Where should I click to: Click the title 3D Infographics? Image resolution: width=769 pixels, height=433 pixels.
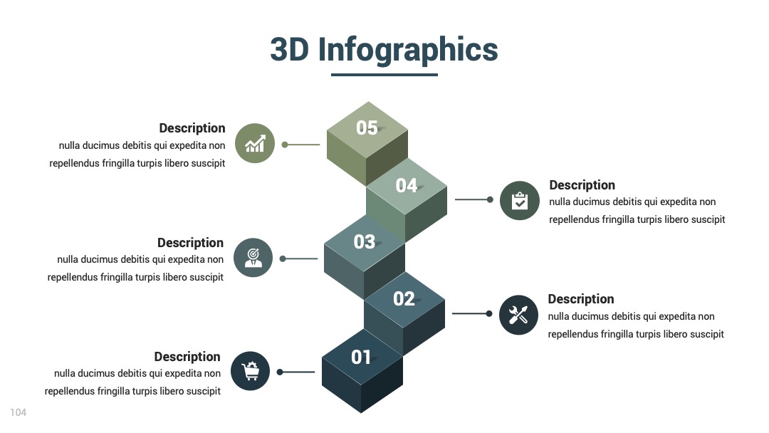pos(384,50)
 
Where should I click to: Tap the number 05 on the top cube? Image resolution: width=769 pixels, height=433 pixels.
pos(367,128)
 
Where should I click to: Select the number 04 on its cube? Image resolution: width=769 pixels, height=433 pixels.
pos(407,185)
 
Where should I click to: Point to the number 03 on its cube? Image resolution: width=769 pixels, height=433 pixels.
pos(365,241)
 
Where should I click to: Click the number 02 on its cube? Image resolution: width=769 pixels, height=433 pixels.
pos(404,298)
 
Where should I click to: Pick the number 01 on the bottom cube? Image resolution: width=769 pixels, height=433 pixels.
pos(361,357)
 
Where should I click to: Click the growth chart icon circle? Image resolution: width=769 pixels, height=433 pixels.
pos(254,143)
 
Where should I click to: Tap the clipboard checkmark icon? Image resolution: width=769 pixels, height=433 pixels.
pos(520,200)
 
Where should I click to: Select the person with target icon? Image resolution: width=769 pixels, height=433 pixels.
pos(253,257)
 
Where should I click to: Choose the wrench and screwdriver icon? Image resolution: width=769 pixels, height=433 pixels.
pos(518,315)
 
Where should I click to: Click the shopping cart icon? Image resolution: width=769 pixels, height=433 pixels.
pos(250,371)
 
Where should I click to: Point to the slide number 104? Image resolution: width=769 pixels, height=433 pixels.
pos(18,412)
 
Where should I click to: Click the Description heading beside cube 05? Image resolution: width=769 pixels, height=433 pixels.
pos(192,128)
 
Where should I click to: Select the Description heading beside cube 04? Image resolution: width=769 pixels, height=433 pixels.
pos(582,185)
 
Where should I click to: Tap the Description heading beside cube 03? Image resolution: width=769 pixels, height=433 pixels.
pos(190,243)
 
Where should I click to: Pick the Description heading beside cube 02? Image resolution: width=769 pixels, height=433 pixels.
pos(581,299)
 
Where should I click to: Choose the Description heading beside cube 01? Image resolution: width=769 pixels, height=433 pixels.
pos(187,357)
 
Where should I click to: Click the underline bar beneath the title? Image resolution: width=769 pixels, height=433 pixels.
pos(384,75)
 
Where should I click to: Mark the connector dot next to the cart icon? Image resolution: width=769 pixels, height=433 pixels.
pos(280,372)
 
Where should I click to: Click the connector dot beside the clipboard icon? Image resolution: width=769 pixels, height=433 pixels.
pos(490,199)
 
